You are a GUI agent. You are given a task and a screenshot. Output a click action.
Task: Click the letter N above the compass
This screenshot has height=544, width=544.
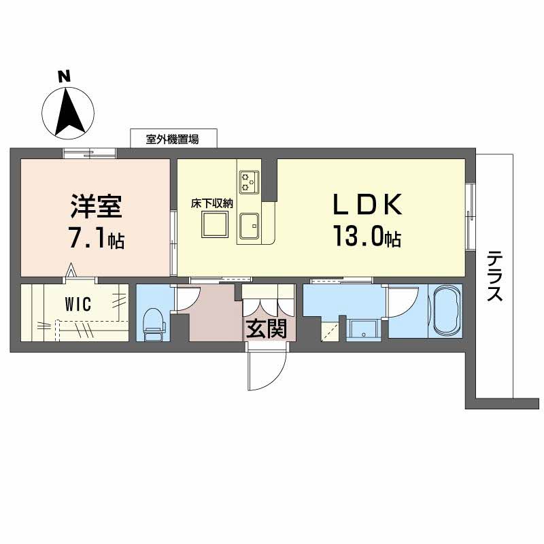65,77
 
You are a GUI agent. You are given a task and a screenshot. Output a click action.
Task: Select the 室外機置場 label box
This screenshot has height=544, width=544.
173,139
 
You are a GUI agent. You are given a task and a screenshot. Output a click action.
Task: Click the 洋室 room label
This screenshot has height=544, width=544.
95,206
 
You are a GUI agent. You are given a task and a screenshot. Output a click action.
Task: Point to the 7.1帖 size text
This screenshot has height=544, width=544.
96,239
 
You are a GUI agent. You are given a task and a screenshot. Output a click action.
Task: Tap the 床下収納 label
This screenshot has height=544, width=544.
212,202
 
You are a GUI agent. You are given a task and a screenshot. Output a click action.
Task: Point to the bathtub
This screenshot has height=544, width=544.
445,311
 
